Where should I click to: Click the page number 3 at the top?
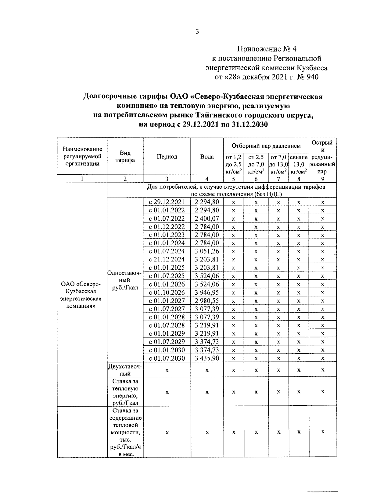tap(197, 32)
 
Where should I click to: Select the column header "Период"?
tap(167, 156)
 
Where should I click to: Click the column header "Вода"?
tap(207, 156)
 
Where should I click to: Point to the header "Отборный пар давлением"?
tap(266, 146)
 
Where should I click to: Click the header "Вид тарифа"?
tap(125, 156)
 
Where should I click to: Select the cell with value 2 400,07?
tap(207, 219)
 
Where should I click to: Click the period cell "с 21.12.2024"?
tap(167, 259)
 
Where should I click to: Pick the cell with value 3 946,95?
tap(207, 292)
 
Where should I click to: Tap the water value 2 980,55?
tap(207, 301)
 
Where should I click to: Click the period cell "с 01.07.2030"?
tap(167, 358)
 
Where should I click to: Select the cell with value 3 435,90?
tap(207, 358)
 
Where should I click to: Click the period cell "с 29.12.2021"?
tap(167, 202)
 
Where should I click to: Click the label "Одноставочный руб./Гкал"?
tap(125, 280)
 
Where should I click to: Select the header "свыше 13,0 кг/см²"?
tap(299, 164)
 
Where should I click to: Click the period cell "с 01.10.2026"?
tap(167, 292)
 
